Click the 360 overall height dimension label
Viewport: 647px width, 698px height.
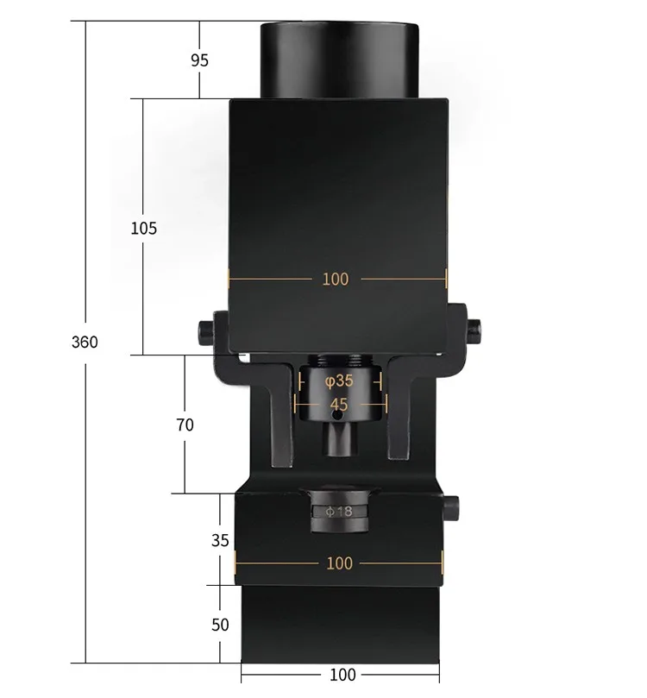[x=85, y=342]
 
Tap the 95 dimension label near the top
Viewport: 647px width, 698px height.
[x=199, y=60]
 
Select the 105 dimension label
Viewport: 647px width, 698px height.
[x=144, y=229]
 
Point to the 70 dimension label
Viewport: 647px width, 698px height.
[x=185, y=425]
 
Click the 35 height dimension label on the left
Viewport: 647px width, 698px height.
[x=220, y=540]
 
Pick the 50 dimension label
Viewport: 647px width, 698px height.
[x=220, y=625]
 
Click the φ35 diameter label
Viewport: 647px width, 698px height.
[x=339, y=381]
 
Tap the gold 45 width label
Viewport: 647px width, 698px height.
[x=339, y=405]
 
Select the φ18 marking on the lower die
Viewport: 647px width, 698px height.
[x=339, y=512]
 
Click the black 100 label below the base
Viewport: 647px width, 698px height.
[x=342, y=675]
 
